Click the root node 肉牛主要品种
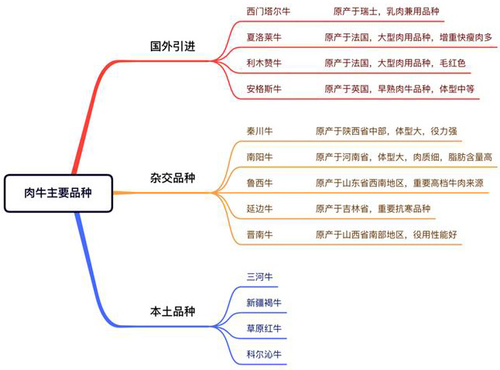coord(58,193)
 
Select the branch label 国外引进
coord(173,46)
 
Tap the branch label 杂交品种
coord(173,178)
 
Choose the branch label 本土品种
coord(173,311)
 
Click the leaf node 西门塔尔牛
coord(269,12)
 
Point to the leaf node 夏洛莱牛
coord(264,37)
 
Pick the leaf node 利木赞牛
coord(264,63)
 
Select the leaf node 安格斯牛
coord(264,89)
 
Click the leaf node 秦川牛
coord(259,131)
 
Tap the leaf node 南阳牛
coord(259,157)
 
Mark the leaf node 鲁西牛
coord(259,183)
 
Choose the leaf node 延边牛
coord(259,208)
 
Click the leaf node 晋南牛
coord(259,235)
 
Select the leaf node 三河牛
coord(259,276)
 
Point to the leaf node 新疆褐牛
coord(264,303)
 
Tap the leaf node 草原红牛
coord(264,328)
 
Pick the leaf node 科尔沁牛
coord(264,354)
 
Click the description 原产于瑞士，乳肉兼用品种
coord(386,12)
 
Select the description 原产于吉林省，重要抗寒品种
coord(373,208)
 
